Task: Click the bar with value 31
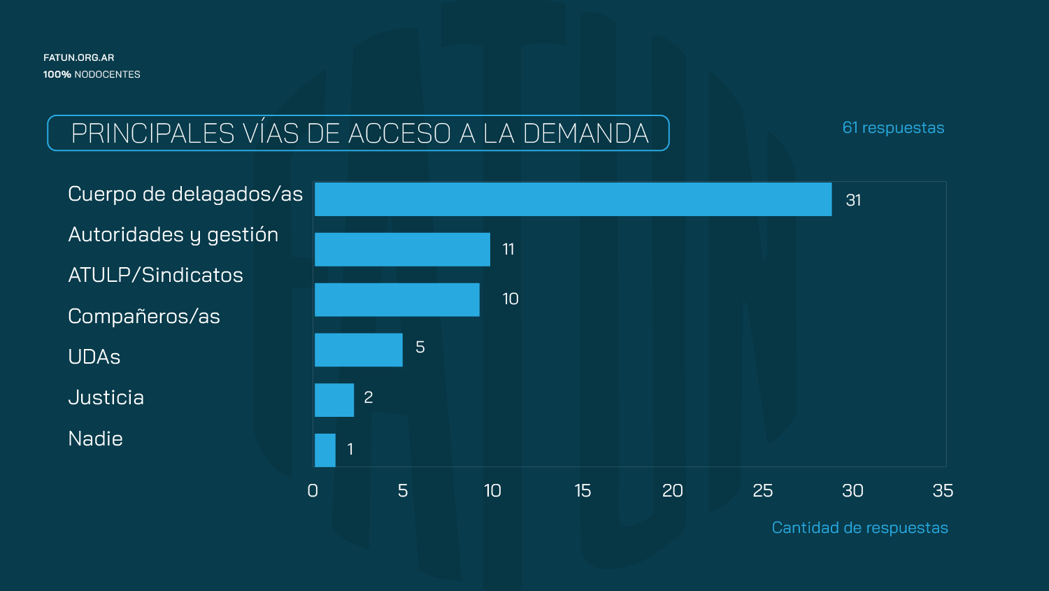[573, 199]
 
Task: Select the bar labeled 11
[402, 250]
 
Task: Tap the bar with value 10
[397, 300]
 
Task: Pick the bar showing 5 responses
[359, 350]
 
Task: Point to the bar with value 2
[334, 400]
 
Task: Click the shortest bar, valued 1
[325, 450]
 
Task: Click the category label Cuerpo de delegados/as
[185, 194]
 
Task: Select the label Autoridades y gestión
[173, 235]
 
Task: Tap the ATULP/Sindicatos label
[155, 276]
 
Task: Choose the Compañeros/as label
[144, 316]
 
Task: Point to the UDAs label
[94, 357]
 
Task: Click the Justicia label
[106, 397]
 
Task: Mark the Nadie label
[96, 439]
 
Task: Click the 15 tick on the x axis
[583, 491]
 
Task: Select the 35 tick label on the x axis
[943, 491]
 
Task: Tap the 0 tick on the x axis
[313, 491]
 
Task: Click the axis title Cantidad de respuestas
[859, 528]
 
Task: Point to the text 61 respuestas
[893, 128]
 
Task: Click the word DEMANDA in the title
[585, 134]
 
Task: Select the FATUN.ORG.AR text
[78, 57]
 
